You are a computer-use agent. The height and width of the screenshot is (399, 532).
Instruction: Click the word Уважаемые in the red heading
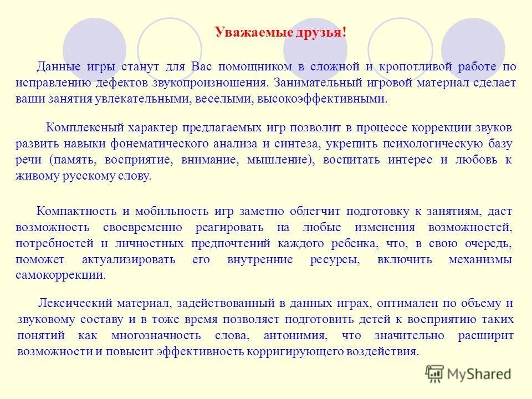(x=246, y=32)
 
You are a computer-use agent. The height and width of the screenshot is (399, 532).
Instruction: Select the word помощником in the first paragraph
(x=255, y=67)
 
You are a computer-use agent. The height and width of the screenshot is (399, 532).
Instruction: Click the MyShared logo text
(x=479, y=374)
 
